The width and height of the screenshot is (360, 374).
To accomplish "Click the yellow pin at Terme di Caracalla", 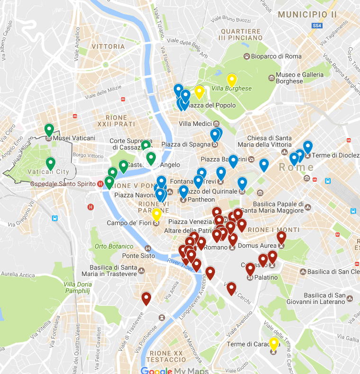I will pos(273,344).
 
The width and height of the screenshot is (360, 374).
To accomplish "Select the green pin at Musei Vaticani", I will pos(49,129).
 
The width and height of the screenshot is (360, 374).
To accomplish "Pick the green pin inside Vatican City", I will pos(50,163).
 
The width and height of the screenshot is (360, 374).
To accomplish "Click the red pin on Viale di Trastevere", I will pos(146,298).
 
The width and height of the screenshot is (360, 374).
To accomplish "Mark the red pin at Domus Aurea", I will pos(281,238).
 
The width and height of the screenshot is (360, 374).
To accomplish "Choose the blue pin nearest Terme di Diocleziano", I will pos(308,147).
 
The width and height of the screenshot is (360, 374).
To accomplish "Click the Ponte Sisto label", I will pos(138,256).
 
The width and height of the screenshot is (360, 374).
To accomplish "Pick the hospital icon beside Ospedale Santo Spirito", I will pos(99,184).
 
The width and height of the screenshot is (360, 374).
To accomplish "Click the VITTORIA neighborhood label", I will pos(108,47).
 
